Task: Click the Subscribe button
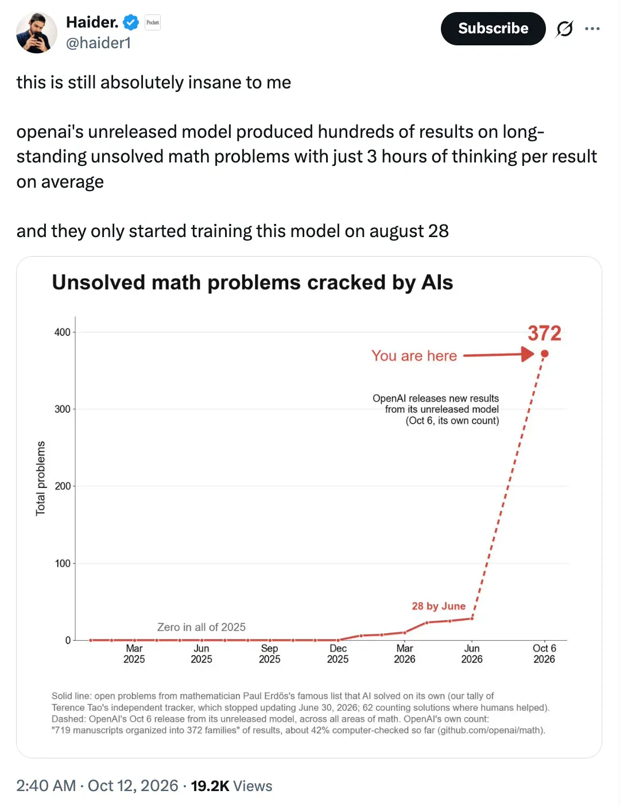[x=493, y=29]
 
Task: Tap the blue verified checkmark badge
[x=130, y=22]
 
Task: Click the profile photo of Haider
[x=36, y=33]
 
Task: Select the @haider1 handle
[x=98, y=43]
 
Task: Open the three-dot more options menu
[x=592, y=29]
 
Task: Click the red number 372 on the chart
[x=544, y=333]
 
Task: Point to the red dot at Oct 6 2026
[x=544, y=354]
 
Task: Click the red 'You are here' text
[x=414, y=356]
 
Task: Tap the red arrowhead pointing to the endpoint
[x=528, y=354]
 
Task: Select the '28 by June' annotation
[x=439, y=606]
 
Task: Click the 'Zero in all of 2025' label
[x=201, y=627]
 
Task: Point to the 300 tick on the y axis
[x=63, y=409]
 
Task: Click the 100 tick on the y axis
[x=63, y=563]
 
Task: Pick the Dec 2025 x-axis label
[x=338, y=653]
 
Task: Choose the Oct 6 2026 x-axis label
[x=544, y=653]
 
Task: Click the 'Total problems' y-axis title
[x=40, y=478]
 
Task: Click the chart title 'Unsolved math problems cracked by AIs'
[x=253, y=282]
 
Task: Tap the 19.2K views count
[x=231, y=785]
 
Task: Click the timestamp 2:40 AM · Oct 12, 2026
[x=97, y=785]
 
